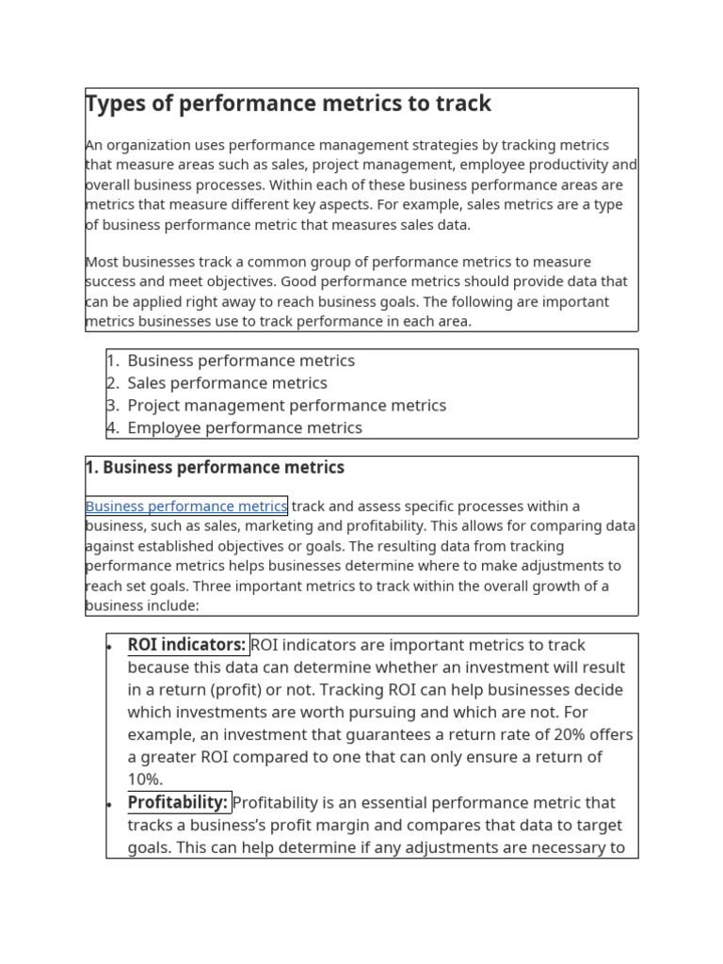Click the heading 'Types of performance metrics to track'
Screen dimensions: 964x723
288,104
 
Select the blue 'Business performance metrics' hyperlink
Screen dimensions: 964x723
186,506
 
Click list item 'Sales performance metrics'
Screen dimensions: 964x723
227,383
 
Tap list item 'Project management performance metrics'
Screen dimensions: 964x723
286,406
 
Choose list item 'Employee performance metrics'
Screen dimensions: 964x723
244,428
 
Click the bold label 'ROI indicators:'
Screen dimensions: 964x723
186,645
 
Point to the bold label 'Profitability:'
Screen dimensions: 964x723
178,803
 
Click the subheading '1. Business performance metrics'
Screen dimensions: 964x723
215,468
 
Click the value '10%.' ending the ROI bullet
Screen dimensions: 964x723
145,779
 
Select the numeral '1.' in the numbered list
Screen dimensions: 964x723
113,361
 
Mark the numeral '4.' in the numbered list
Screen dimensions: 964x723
113,428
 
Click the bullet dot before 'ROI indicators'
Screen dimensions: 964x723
110,647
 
